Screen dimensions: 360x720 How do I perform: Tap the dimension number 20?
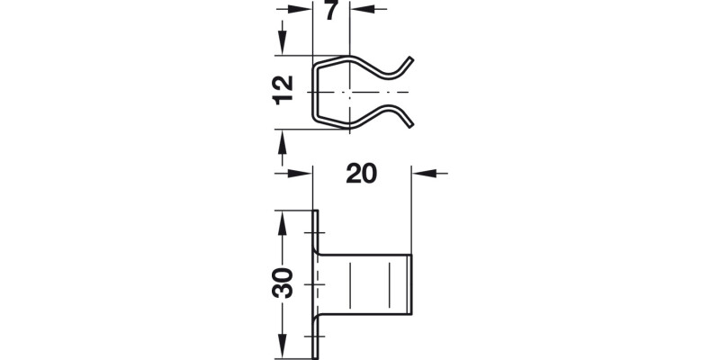tap(361, 174)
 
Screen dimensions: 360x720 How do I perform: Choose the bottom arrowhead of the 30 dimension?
tap(282, 343)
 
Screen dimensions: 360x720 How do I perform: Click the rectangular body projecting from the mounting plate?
tap(364, 283)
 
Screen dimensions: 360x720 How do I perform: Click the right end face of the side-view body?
tap(412, 283)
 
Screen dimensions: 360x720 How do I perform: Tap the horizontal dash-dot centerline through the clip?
tap(378, 93)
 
